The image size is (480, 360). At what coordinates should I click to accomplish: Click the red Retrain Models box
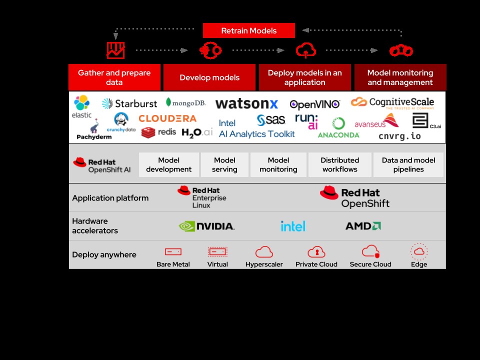tap(248, 30)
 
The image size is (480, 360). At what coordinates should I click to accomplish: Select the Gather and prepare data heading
tap(114, 77)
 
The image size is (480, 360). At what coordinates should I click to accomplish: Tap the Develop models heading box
tap(209, 77)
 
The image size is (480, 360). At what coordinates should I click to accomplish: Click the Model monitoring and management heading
tap(400, 77)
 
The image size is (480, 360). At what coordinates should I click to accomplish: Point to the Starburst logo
tap(129, 103)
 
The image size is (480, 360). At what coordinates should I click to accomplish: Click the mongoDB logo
tap(186, 102)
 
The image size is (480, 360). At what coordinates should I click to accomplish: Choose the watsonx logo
tap(246, 104)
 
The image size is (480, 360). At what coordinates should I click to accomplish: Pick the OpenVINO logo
tap(315, 104)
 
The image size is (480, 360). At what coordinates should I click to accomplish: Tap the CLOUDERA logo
tap(167, 118)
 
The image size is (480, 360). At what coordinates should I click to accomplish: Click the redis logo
tap(158, 132)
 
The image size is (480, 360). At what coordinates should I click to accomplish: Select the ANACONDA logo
tap(338, 128)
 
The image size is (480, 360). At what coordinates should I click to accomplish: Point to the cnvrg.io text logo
tap(399, 136)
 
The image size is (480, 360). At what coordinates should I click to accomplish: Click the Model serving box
tap(224, 165)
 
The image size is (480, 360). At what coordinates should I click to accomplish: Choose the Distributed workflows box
tap(339, 165)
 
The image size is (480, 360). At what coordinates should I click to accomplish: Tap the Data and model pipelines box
tap(408, 165)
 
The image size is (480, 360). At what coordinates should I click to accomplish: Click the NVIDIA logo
tap(206, 226)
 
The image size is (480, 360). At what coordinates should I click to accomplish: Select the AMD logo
tap(363, 226)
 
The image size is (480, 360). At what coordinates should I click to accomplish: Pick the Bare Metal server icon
tap(173, 252)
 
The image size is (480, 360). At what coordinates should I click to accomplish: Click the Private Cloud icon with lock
tap(316, 251)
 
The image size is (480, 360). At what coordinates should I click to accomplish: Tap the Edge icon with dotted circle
tap(418, 251)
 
